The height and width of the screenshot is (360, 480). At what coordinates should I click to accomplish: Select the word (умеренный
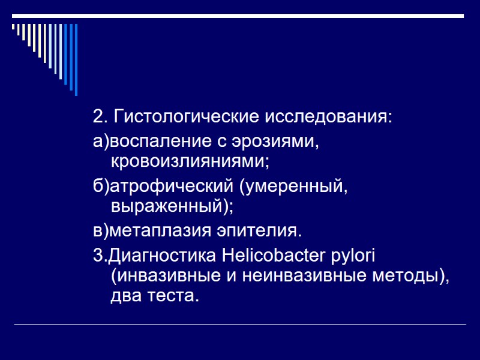pos(293,187)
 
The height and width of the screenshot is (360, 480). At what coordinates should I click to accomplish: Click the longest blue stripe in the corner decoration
pos(76,60)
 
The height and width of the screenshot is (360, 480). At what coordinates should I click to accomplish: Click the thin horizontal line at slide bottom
pos(240,325)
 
